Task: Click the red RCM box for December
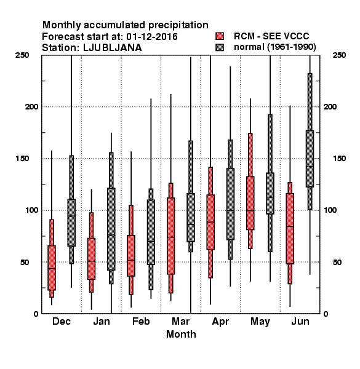(x=52, y=268)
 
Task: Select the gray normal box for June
(x=310, y=159)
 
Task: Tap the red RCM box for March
(x=170, y=236)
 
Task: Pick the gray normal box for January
(x=111, y=229)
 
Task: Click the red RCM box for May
(x=250, y=203)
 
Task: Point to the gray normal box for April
(x=230, y=204)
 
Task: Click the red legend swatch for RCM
(x=220, y=36)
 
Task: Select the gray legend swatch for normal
(x=220, y=47)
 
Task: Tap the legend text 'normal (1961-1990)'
(x=274, y=47)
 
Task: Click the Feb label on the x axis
(x=141, y=321)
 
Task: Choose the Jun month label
(x=300, y=321)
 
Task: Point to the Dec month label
(x=62, y=321)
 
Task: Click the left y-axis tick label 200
(x=31, y=106)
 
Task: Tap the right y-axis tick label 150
(x=339, y=159)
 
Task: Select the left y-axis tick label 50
(x=25, y=262)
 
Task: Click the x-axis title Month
(x=181, y=334)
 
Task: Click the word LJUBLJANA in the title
(x=113, y=48)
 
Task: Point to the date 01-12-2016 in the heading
(x=152, y=37)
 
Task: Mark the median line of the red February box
(x=131, y=260)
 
